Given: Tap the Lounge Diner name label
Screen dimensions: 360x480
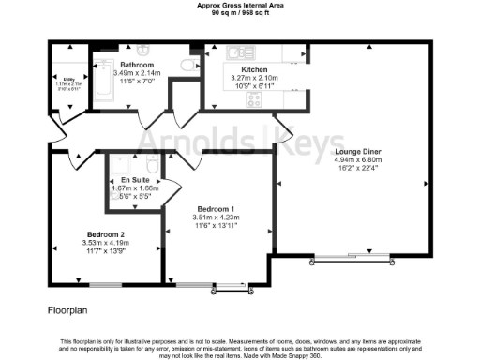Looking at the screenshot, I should pyautogui.click(x=356, y=150).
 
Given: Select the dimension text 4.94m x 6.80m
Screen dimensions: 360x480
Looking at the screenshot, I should pyautogui.click(x=356, y=159).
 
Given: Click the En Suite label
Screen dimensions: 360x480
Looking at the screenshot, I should pyautogui.click(x=135, y=179).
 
